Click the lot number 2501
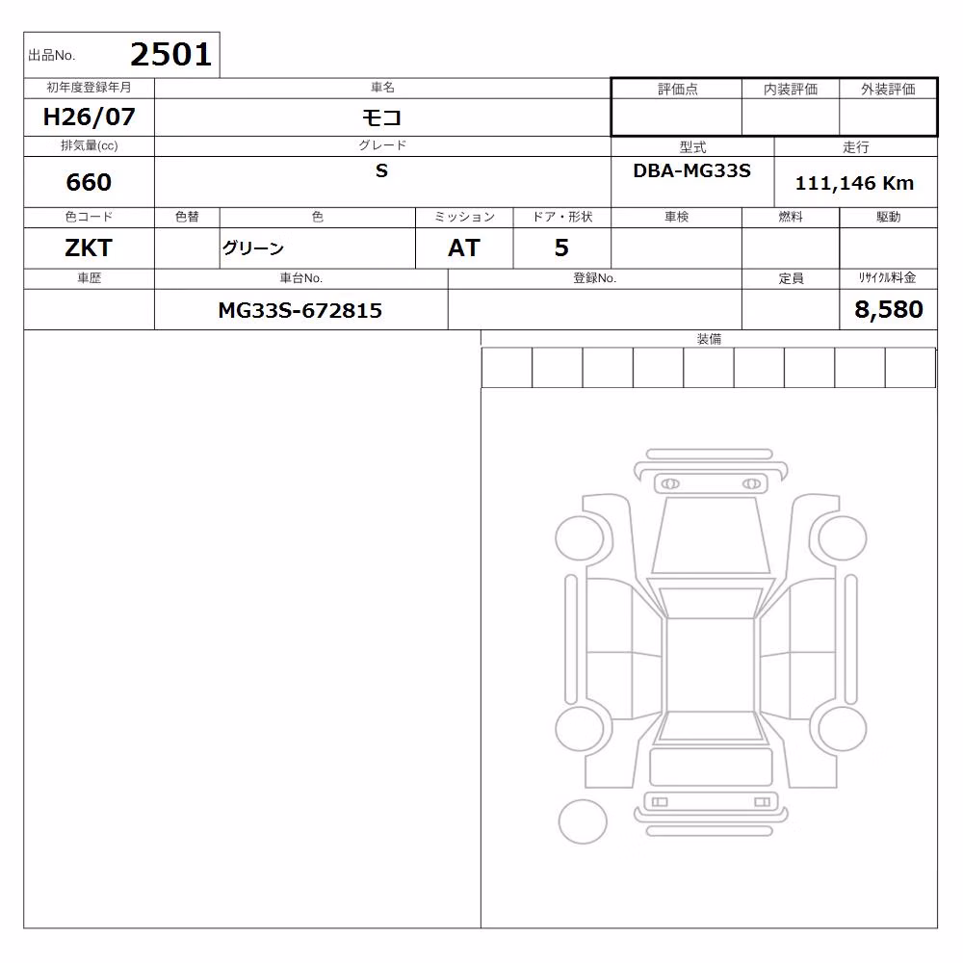[x=170, y=55]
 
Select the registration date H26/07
[x=89, y=117]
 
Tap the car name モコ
[x=381, y=117]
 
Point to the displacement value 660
[x=89, y=182]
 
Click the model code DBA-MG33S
[x=692, y=170]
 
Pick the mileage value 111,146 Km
[x=854, y=183]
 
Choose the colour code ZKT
[x=89, y=248]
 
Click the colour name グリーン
[x=253, y=248]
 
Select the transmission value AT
[x=464, y=248]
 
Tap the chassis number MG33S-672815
[x=300, y=311]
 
